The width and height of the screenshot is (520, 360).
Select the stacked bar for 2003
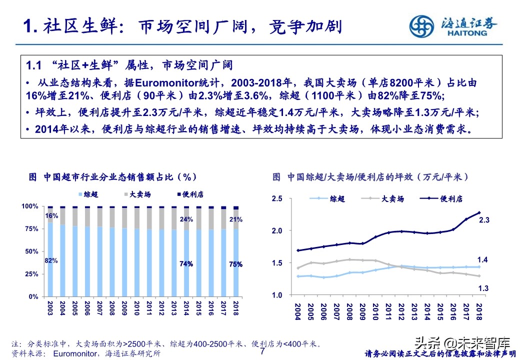coord(50,251)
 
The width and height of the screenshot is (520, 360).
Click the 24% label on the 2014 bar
coord(186,219)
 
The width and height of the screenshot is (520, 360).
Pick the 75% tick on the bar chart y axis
coord(31,229)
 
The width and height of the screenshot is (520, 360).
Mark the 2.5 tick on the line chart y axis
coord(276,199)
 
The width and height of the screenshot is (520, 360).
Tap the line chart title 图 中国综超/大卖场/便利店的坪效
coord(370,177)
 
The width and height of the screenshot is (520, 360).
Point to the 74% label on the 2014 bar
coord(186,264)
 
